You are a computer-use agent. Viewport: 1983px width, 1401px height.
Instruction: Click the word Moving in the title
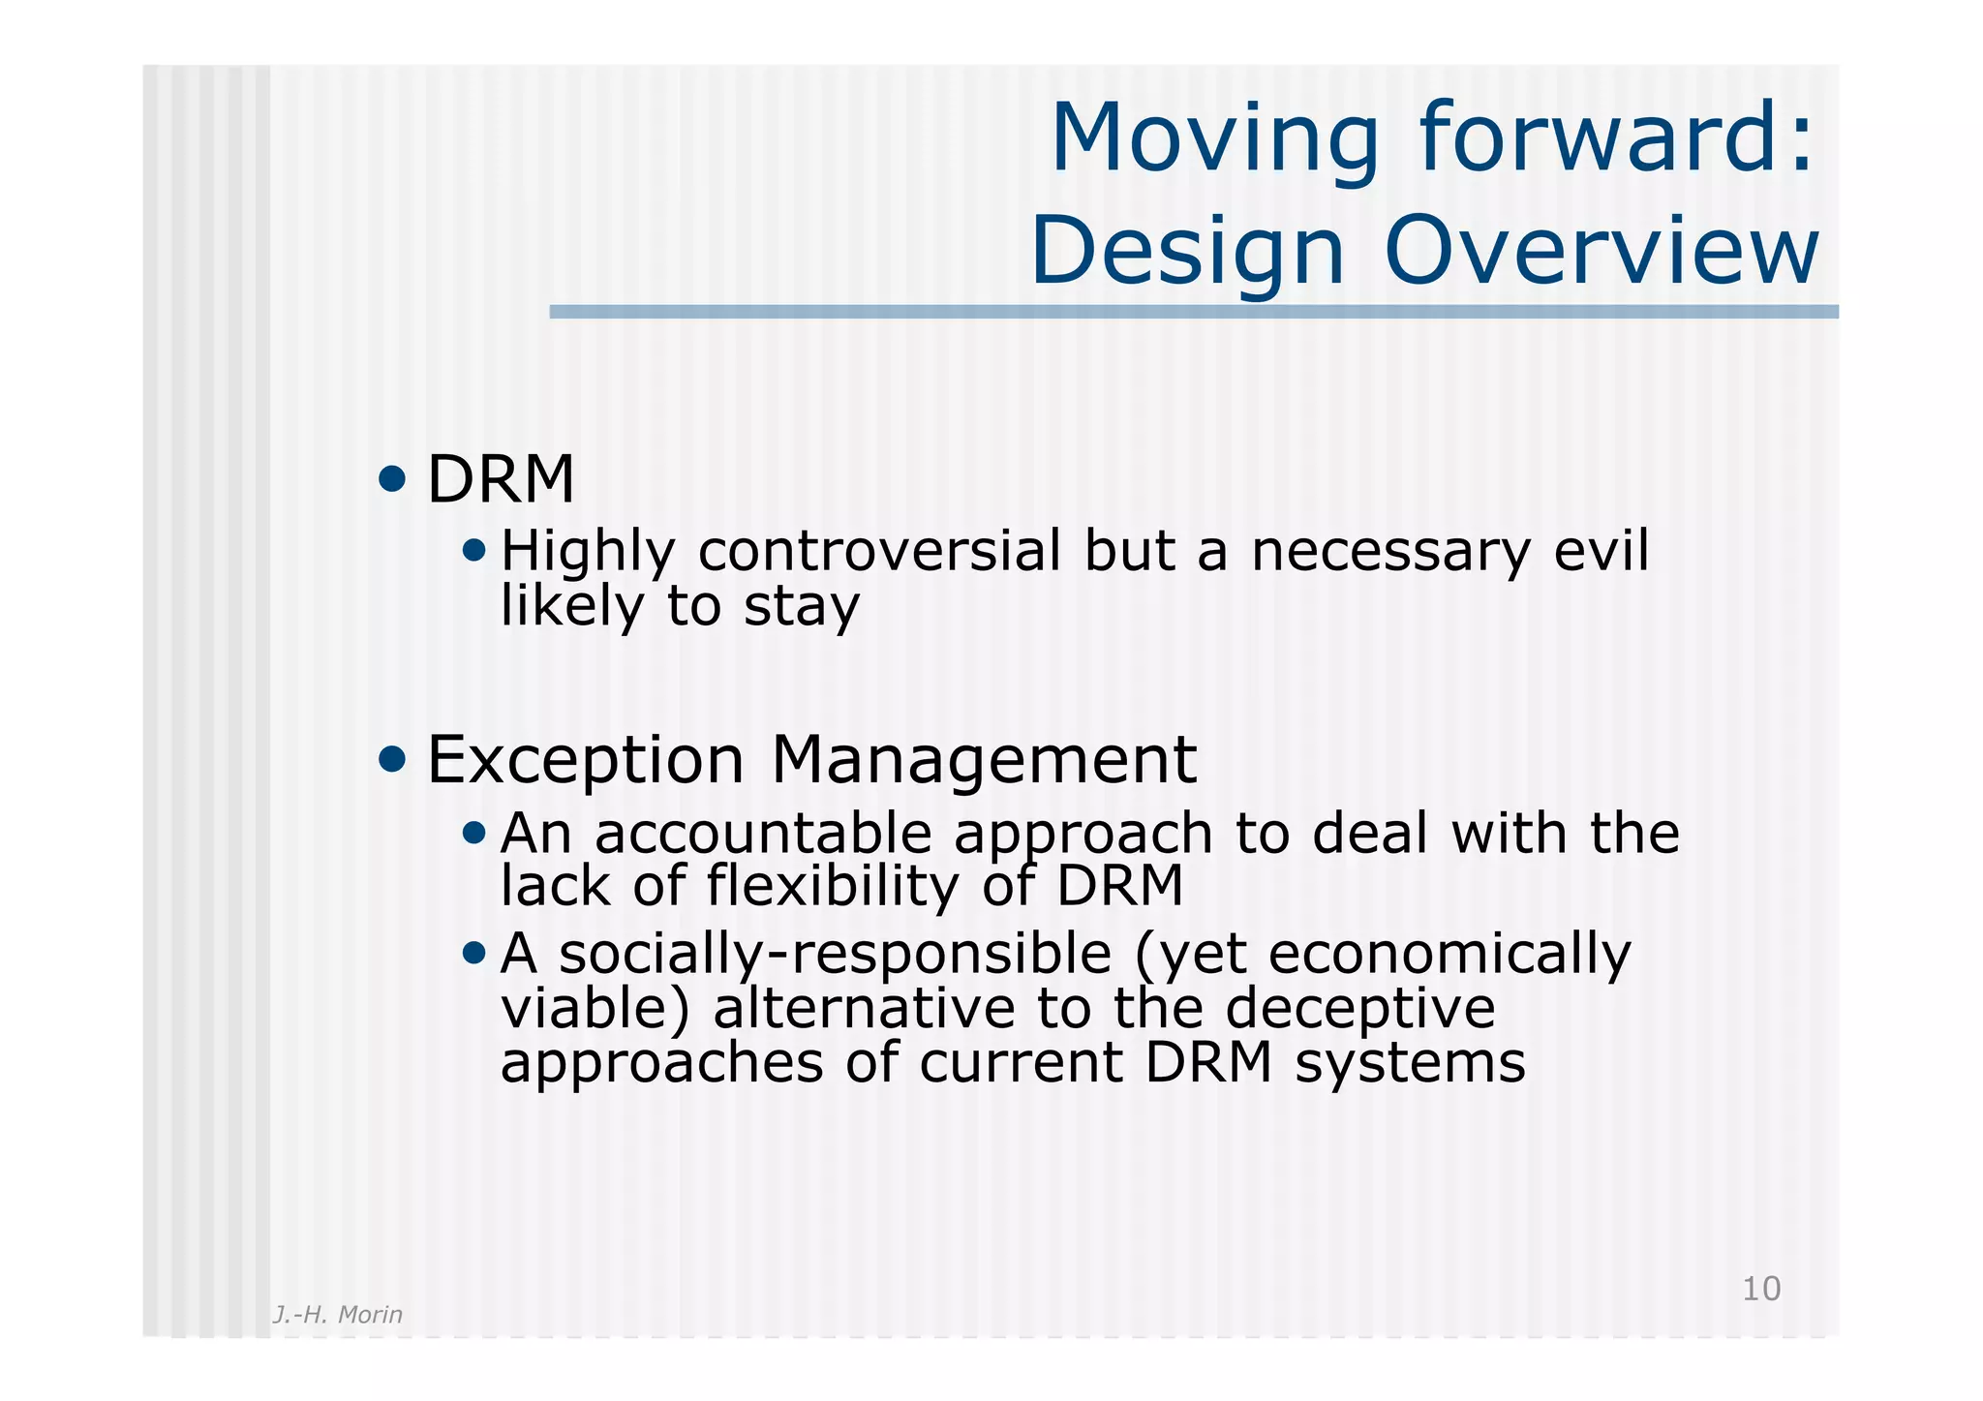click(x=1214, y=140)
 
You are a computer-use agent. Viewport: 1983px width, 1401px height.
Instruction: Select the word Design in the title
click(x=1187, y=254)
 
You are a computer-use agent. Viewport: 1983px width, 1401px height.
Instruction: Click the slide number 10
click(x=1760, y=1289)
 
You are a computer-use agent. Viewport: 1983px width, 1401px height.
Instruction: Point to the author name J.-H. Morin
click(x=337, y=1314)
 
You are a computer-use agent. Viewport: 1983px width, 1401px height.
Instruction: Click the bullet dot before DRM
click(x=392, y=478)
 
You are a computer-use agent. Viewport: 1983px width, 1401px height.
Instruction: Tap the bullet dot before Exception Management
click(x=392, y=759)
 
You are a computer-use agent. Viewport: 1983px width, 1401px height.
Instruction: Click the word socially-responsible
click(x=835, y=954)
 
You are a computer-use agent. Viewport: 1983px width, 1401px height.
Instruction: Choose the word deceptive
click(x=1359, y=1008)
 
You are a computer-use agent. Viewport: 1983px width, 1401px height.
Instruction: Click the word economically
click(x=1449, y=954)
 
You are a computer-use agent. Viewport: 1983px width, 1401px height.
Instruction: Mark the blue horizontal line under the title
click(x=1193, y=312)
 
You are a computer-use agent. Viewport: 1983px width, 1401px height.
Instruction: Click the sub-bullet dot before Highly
click(x=473, y=551)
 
